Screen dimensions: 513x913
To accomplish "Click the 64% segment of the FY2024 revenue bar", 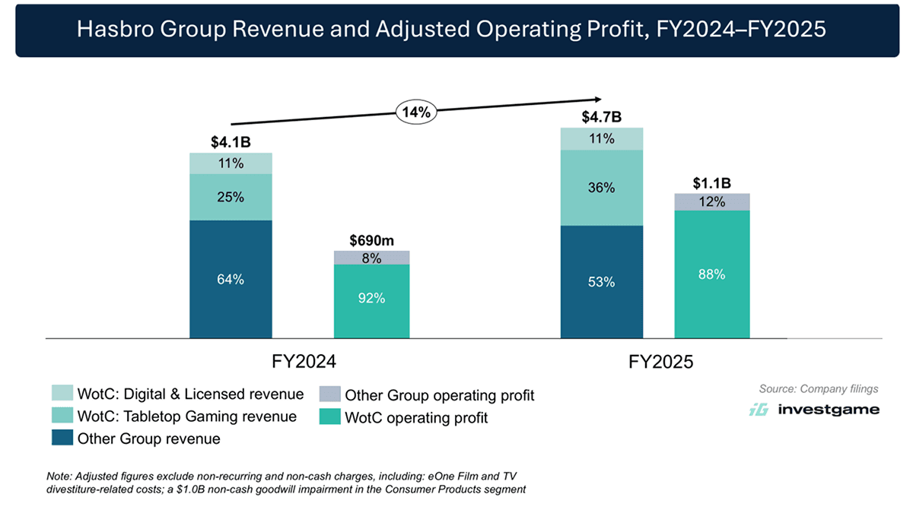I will click(x=231, y=279).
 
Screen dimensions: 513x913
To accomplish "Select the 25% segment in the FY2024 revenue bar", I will click(x=231, y=197).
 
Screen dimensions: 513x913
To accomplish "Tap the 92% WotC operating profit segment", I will click(x=371, y=299).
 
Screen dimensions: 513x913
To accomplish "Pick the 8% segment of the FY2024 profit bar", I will click(x=371, y=258).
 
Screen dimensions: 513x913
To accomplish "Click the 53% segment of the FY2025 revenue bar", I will click(x=601, y=282).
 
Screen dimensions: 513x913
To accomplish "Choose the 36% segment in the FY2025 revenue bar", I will click(x=601, y=187).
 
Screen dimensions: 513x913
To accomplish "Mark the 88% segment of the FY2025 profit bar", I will click(x=711, y=274).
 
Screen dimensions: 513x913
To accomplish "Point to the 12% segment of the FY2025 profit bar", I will click(x=711, y=202).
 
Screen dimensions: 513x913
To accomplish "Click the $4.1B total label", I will click(x=231, y=142).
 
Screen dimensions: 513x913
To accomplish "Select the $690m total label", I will click(x=371, y=240).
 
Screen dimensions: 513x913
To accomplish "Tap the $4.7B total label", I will click(x=601, y=117).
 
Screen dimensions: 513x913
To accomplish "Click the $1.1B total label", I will click(x=711, y=183).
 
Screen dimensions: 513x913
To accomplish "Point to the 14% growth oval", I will click(x=415, y=112).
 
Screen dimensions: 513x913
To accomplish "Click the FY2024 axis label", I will click(x=304, y=362).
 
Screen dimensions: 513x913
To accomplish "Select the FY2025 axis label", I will click(x=661, y=362).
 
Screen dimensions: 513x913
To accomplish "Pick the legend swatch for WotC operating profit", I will click(x=329, y=417).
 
